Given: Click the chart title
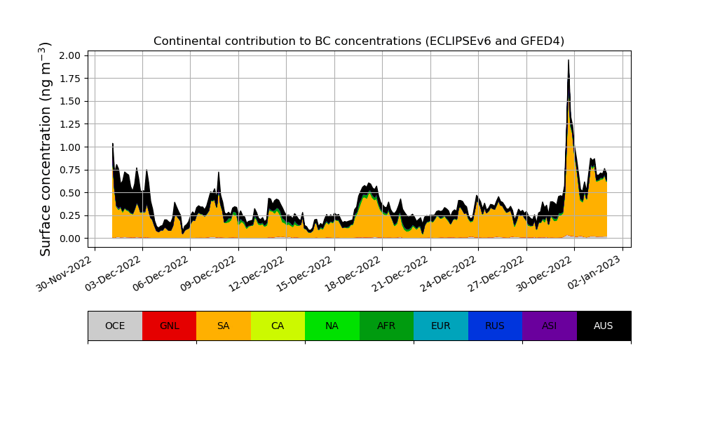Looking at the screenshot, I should (x=359, y=41).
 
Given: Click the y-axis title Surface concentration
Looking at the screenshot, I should (x=46, y=149).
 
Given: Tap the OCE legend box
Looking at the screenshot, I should (x=115, y=326).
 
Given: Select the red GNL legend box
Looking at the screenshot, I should (x=169, y=326).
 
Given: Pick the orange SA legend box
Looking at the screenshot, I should (x=223, y=326).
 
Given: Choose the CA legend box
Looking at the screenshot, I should (x=278, y=326).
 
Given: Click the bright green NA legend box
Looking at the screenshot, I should (x=332, y=326).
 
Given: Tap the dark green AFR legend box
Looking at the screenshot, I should (x=386, y=326).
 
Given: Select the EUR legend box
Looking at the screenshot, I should (x=440, y=326).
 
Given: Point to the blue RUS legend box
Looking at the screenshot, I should (x=495, y=326).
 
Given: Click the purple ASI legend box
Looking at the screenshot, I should (x=549, y=326).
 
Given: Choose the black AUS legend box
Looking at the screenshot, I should (x=604, y=326).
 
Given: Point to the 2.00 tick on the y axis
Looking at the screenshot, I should (x=74, y=55).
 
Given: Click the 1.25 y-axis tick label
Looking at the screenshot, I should (x=74, y=124).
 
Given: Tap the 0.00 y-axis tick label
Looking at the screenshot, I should (x=74, y=239).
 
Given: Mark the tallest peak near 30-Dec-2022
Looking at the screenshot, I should (x=569, y=61).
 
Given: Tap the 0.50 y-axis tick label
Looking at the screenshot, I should (x=74, y=193).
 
